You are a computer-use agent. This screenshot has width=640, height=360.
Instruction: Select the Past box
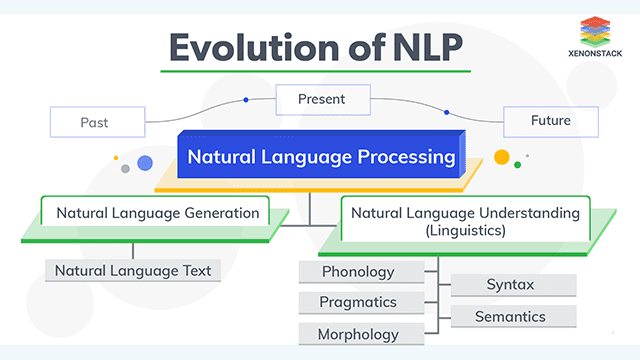click(x=94, y=122)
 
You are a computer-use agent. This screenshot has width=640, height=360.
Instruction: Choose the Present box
click(x=322, y=99)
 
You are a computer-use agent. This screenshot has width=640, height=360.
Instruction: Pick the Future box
click(x=550, y=121)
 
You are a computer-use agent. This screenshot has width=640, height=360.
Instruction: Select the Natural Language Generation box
click(x=158, y=213)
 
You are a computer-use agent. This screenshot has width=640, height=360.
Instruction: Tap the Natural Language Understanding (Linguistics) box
click(x=465, y=220)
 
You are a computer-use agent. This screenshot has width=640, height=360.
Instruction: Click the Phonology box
click(x=358, y=272)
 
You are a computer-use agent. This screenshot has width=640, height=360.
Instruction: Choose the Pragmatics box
click(x=358, y=302)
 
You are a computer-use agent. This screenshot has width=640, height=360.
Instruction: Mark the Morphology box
click(x=358, y=334)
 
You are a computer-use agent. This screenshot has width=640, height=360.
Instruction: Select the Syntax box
click(x=510, y=285)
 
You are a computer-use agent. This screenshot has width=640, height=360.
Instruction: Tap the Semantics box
click(x=510, y=317)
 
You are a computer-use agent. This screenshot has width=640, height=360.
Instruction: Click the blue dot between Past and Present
click(x=245, y=100)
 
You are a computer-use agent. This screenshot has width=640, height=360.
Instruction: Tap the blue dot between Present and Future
click(x=447, y=111)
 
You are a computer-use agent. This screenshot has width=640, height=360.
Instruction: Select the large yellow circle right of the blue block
click(x=502, y=156)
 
